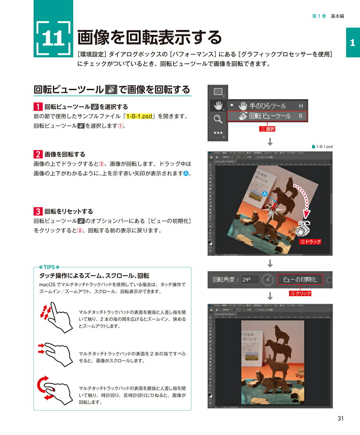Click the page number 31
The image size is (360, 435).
coord(340,419)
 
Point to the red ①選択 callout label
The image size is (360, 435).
coord(267,129)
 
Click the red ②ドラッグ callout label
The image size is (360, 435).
coord(310,241)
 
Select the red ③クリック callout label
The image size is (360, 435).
coord(300,293)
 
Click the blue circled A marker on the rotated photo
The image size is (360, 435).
coord(263,191)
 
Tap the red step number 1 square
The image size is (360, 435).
coord(38,107)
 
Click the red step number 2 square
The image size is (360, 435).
coord(38,154)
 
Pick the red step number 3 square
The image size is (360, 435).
coord(38,211)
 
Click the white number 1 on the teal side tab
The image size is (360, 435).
coord(352,43)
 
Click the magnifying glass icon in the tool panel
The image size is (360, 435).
coord(218,119)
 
